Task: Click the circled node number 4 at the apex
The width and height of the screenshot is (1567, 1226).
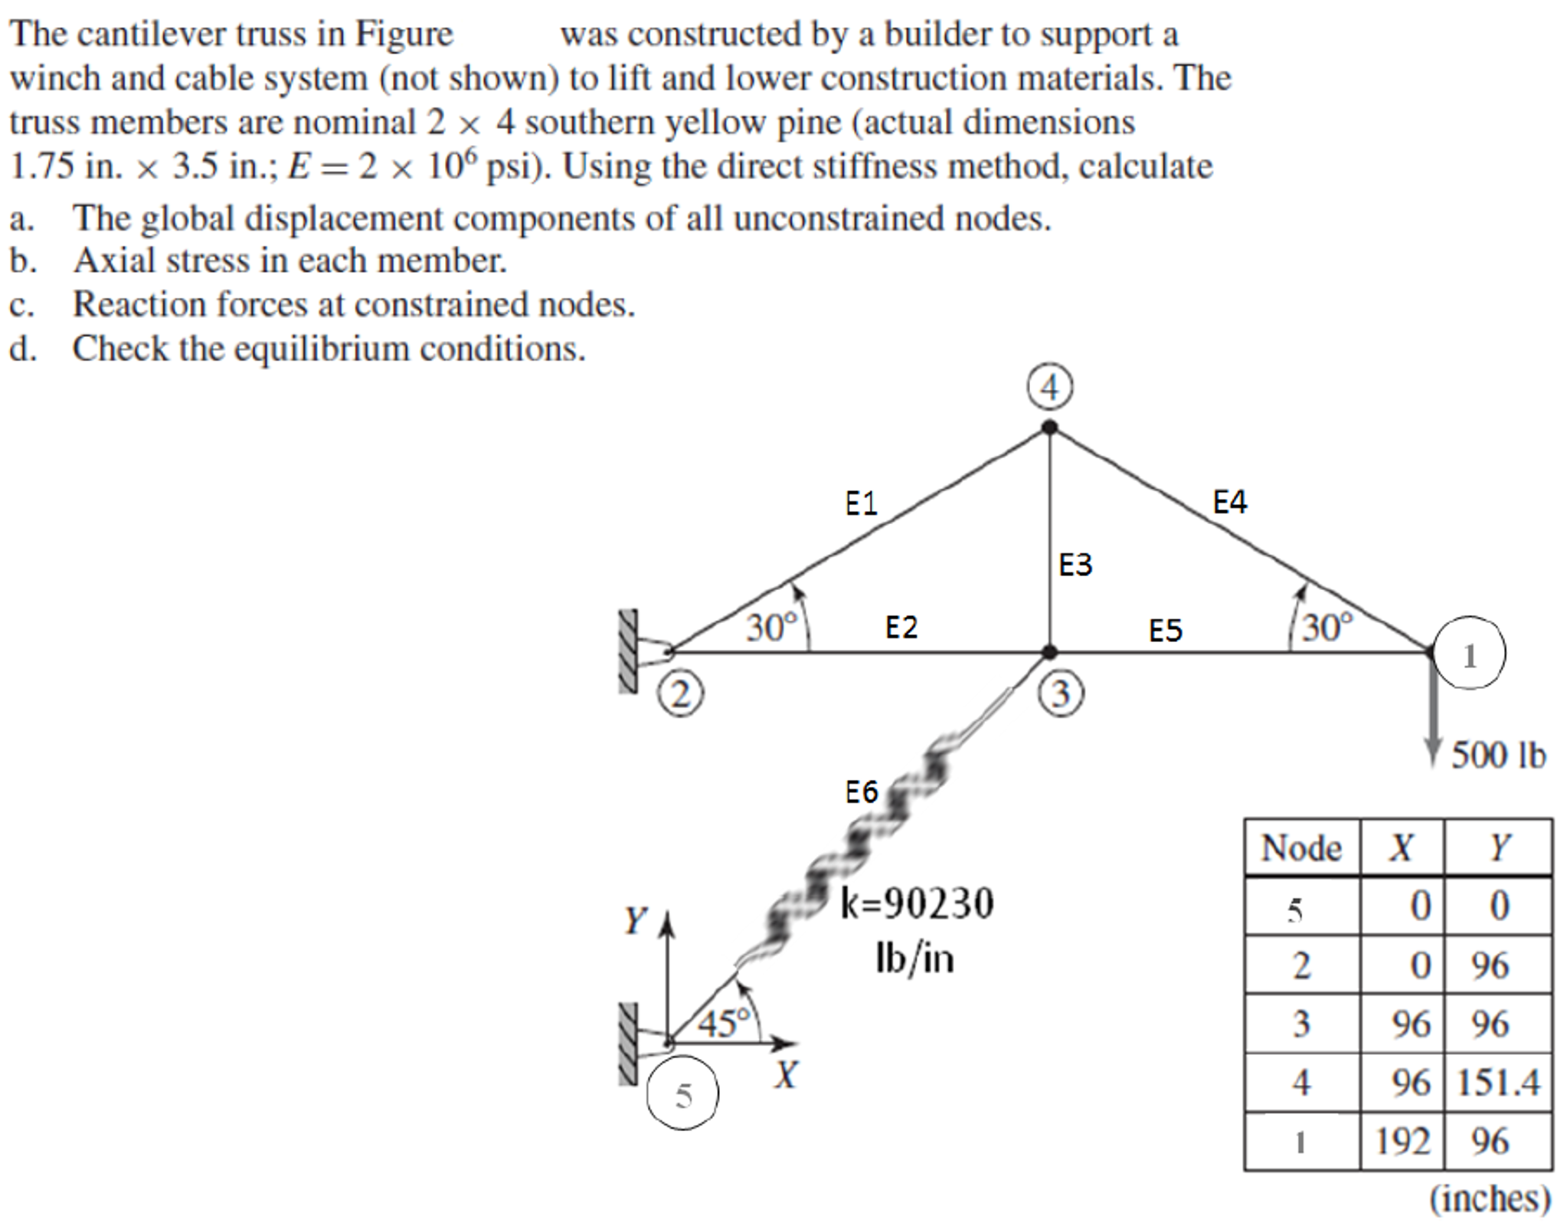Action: [x=1048, y=388]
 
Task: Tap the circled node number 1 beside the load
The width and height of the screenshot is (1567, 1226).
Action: [x=1468, y=654]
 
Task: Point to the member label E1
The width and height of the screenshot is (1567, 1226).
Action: [x=861, y=503]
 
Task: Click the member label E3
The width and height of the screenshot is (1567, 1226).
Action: [x=1075, y=565]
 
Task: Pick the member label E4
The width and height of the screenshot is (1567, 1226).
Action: [x=1230, y=502]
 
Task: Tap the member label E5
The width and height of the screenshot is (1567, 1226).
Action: [x=1165, y=631]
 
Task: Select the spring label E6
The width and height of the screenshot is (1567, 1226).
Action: [x=861, y=792]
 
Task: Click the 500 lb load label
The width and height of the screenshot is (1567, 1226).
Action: [x=1498, y=756]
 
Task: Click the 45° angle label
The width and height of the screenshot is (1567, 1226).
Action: [x=724, y=1023]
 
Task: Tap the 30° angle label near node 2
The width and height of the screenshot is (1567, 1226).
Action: [x=772, y=628]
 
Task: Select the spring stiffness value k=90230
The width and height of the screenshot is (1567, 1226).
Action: [x=917, y=903]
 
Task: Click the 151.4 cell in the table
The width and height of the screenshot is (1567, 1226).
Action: [x=1497, y=1083]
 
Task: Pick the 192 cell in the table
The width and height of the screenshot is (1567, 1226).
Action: [x=1402, y=1142]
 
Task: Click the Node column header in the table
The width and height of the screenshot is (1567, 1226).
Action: [x=1301, y=848]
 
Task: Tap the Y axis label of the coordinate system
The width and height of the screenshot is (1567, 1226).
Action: [x=635, y=920]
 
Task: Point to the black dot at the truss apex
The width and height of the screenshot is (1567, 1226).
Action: [x=1049, y=428]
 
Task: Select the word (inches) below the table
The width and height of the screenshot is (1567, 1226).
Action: [x=1490, y=1198]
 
